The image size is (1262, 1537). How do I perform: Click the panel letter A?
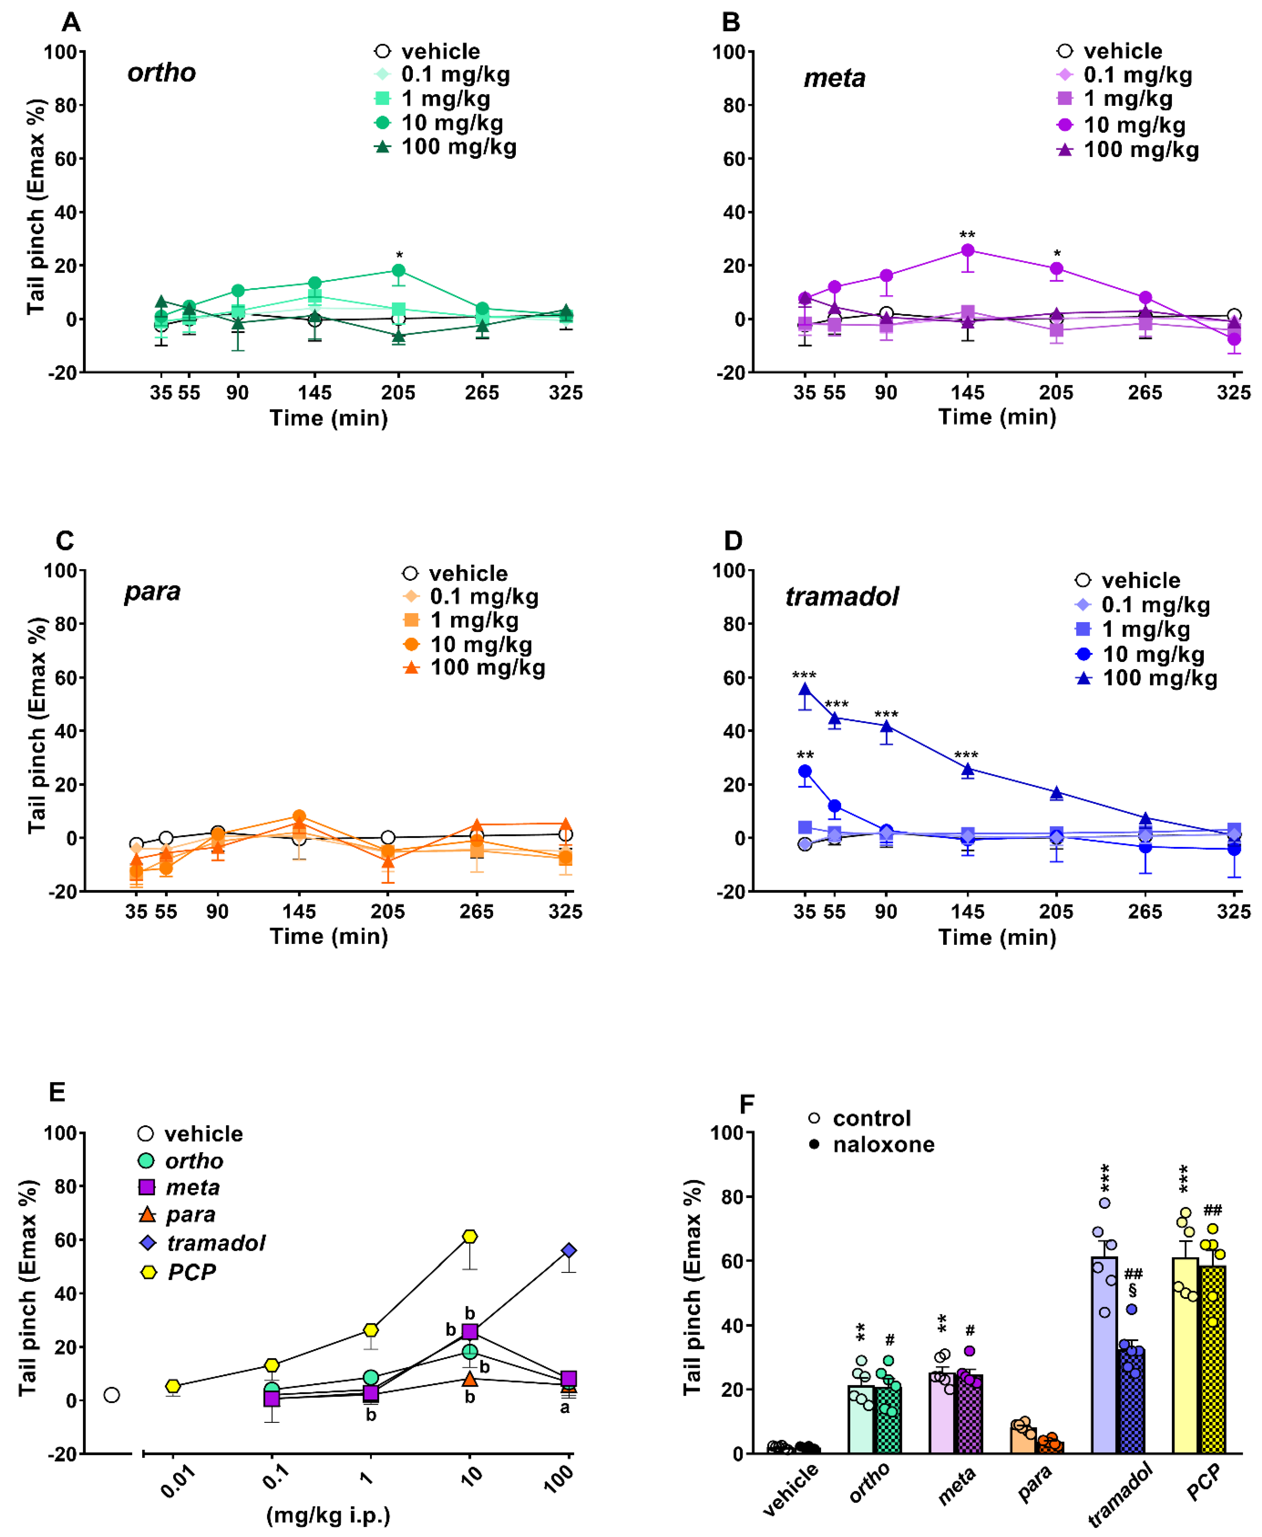(71, 23)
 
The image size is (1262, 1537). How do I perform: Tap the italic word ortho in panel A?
(161, 73)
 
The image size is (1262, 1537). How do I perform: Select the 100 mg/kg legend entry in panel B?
(1140, 150)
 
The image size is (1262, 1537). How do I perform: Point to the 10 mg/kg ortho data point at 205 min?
(398, 271)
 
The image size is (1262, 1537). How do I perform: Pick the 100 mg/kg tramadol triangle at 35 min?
(805, 689)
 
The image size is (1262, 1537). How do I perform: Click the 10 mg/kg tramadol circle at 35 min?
(805, 771)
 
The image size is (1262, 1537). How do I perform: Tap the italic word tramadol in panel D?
(842, 597)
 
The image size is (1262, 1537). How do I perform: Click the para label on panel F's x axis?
(1034, 1483)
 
